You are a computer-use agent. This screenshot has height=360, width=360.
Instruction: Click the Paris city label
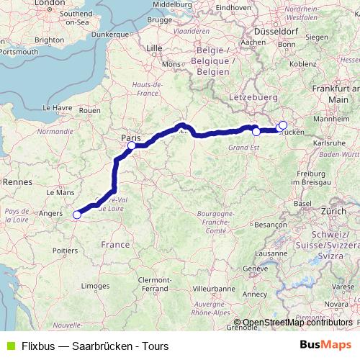[x=131, y=136]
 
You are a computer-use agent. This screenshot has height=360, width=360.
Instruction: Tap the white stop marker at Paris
[x=132, y=146]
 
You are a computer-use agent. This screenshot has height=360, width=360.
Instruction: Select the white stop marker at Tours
[x=77, y=214]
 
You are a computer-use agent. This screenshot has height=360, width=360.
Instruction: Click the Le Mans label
[x=60, y=193]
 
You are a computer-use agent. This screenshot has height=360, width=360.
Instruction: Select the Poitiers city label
[x=64, y=251]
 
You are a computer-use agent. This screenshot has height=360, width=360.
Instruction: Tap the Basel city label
[x=302, y=204]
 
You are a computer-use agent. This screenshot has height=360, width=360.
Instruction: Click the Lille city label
[x=155, y=48]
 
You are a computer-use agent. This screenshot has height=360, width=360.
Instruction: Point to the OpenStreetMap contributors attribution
[x=297, y=323]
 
